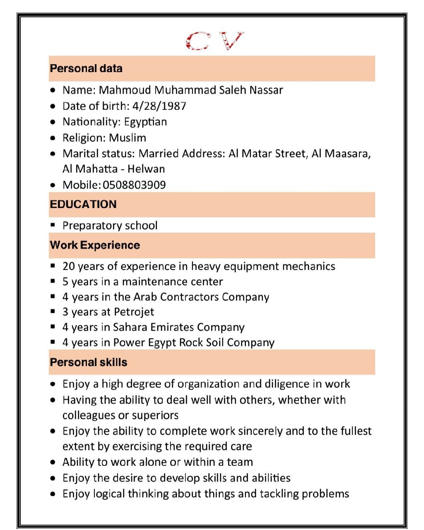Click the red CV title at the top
pyautogui.click(x=214, y=41)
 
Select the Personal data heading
pyautogui.click(x=86, y=68)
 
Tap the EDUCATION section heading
pyautogui.click(x=83, y=204)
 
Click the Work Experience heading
pyautogui.click(x=95, y=245)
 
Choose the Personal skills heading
pyautogui.click(x=88, y=362)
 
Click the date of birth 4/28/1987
pyautogui.click(x=159, y=106)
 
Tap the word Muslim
pyautogui.click(x=128, y=138)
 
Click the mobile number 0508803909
pyautogui.click(x=134, y=185)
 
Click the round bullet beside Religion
pyautogui.click(x=53, y=138)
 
